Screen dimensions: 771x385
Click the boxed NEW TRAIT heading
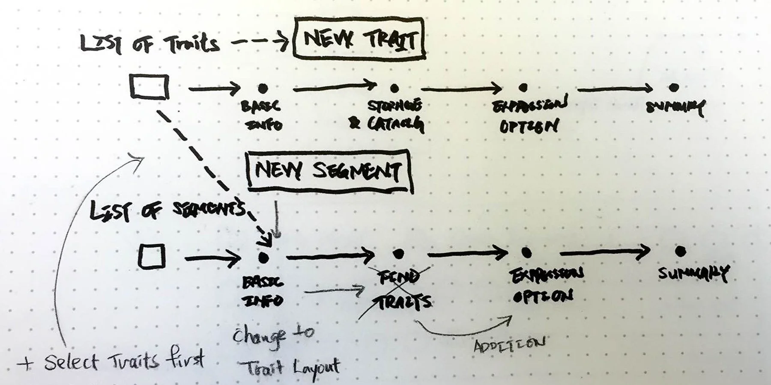[x=359, y=39]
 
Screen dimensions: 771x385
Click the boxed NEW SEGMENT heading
[x=329, y=171]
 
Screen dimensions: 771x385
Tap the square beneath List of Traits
[x=149, y=87]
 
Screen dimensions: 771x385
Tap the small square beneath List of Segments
[x=152, y=256]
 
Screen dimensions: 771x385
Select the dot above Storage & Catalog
[x=394, y=89]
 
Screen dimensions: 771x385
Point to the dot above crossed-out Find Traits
[x=398, y=254]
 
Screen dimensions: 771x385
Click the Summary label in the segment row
[x=693, y=273]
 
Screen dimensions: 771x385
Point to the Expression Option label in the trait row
[x=529, y=115]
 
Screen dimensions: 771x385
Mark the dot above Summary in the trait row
[x=674, y=87]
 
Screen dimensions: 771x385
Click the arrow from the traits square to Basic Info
[x=214, y=89]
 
